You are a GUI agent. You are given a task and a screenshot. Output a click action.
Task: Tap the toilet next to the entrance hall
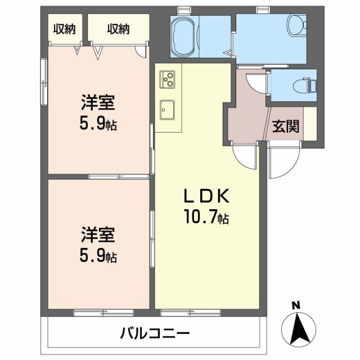coord(305,85)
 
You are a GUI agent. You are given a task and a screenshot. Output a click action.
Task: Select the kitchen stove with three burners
coord(168,79)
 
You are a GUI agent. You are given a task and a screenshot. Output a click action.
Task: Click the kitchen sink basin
coord(167,110)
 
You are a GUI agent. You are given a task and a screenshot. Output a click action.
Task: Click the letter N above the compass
coord(296,305)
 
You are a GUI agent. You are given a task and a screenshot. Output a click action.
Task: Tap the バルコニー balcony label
coord(155,334)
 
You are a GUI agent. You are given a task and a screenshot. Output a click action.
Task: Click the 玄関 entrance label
coord(286,126)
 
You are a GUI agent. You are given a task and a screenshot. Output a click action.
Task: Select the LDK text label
coord(206,196)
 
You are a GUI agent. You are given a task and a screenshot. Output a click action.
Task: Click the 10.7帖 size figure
coord(206,217)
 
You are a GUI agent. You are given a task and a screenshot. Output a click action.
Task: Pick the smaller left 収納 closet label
coord(65,29)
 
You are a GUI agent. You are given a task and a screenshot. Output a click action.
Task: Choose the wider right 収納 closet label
coord(119,29)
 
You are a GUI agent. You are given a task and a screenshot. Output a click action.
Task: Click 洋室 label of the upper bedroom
coord(98,102)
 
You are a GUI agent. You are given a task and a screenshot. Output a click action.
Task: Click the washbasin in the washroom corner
coord(298,25)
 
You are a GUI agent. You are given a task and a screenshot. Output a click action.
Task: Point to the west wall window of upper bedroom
coord(44,82)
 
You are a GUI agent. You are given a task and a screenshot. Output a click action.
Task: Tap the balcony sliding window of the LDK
coord(191,313)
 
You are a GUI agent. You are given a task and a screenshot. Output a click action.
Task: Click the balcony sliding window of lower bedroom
coord(103,313)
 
